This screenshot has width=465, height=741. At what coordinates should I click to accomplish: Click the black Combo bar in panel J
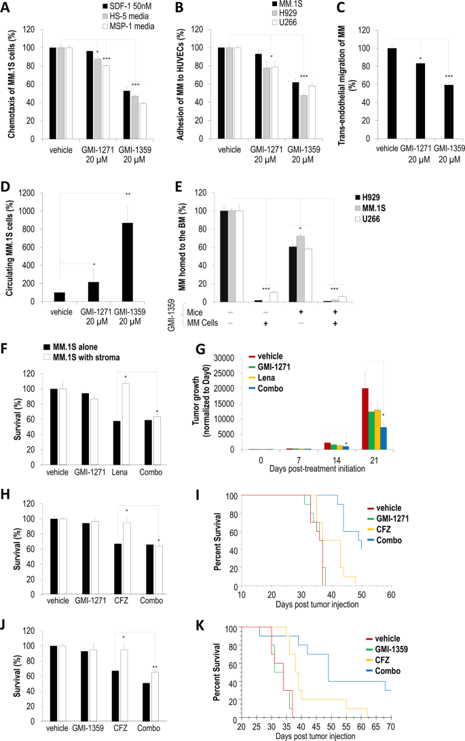(146, 695)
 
